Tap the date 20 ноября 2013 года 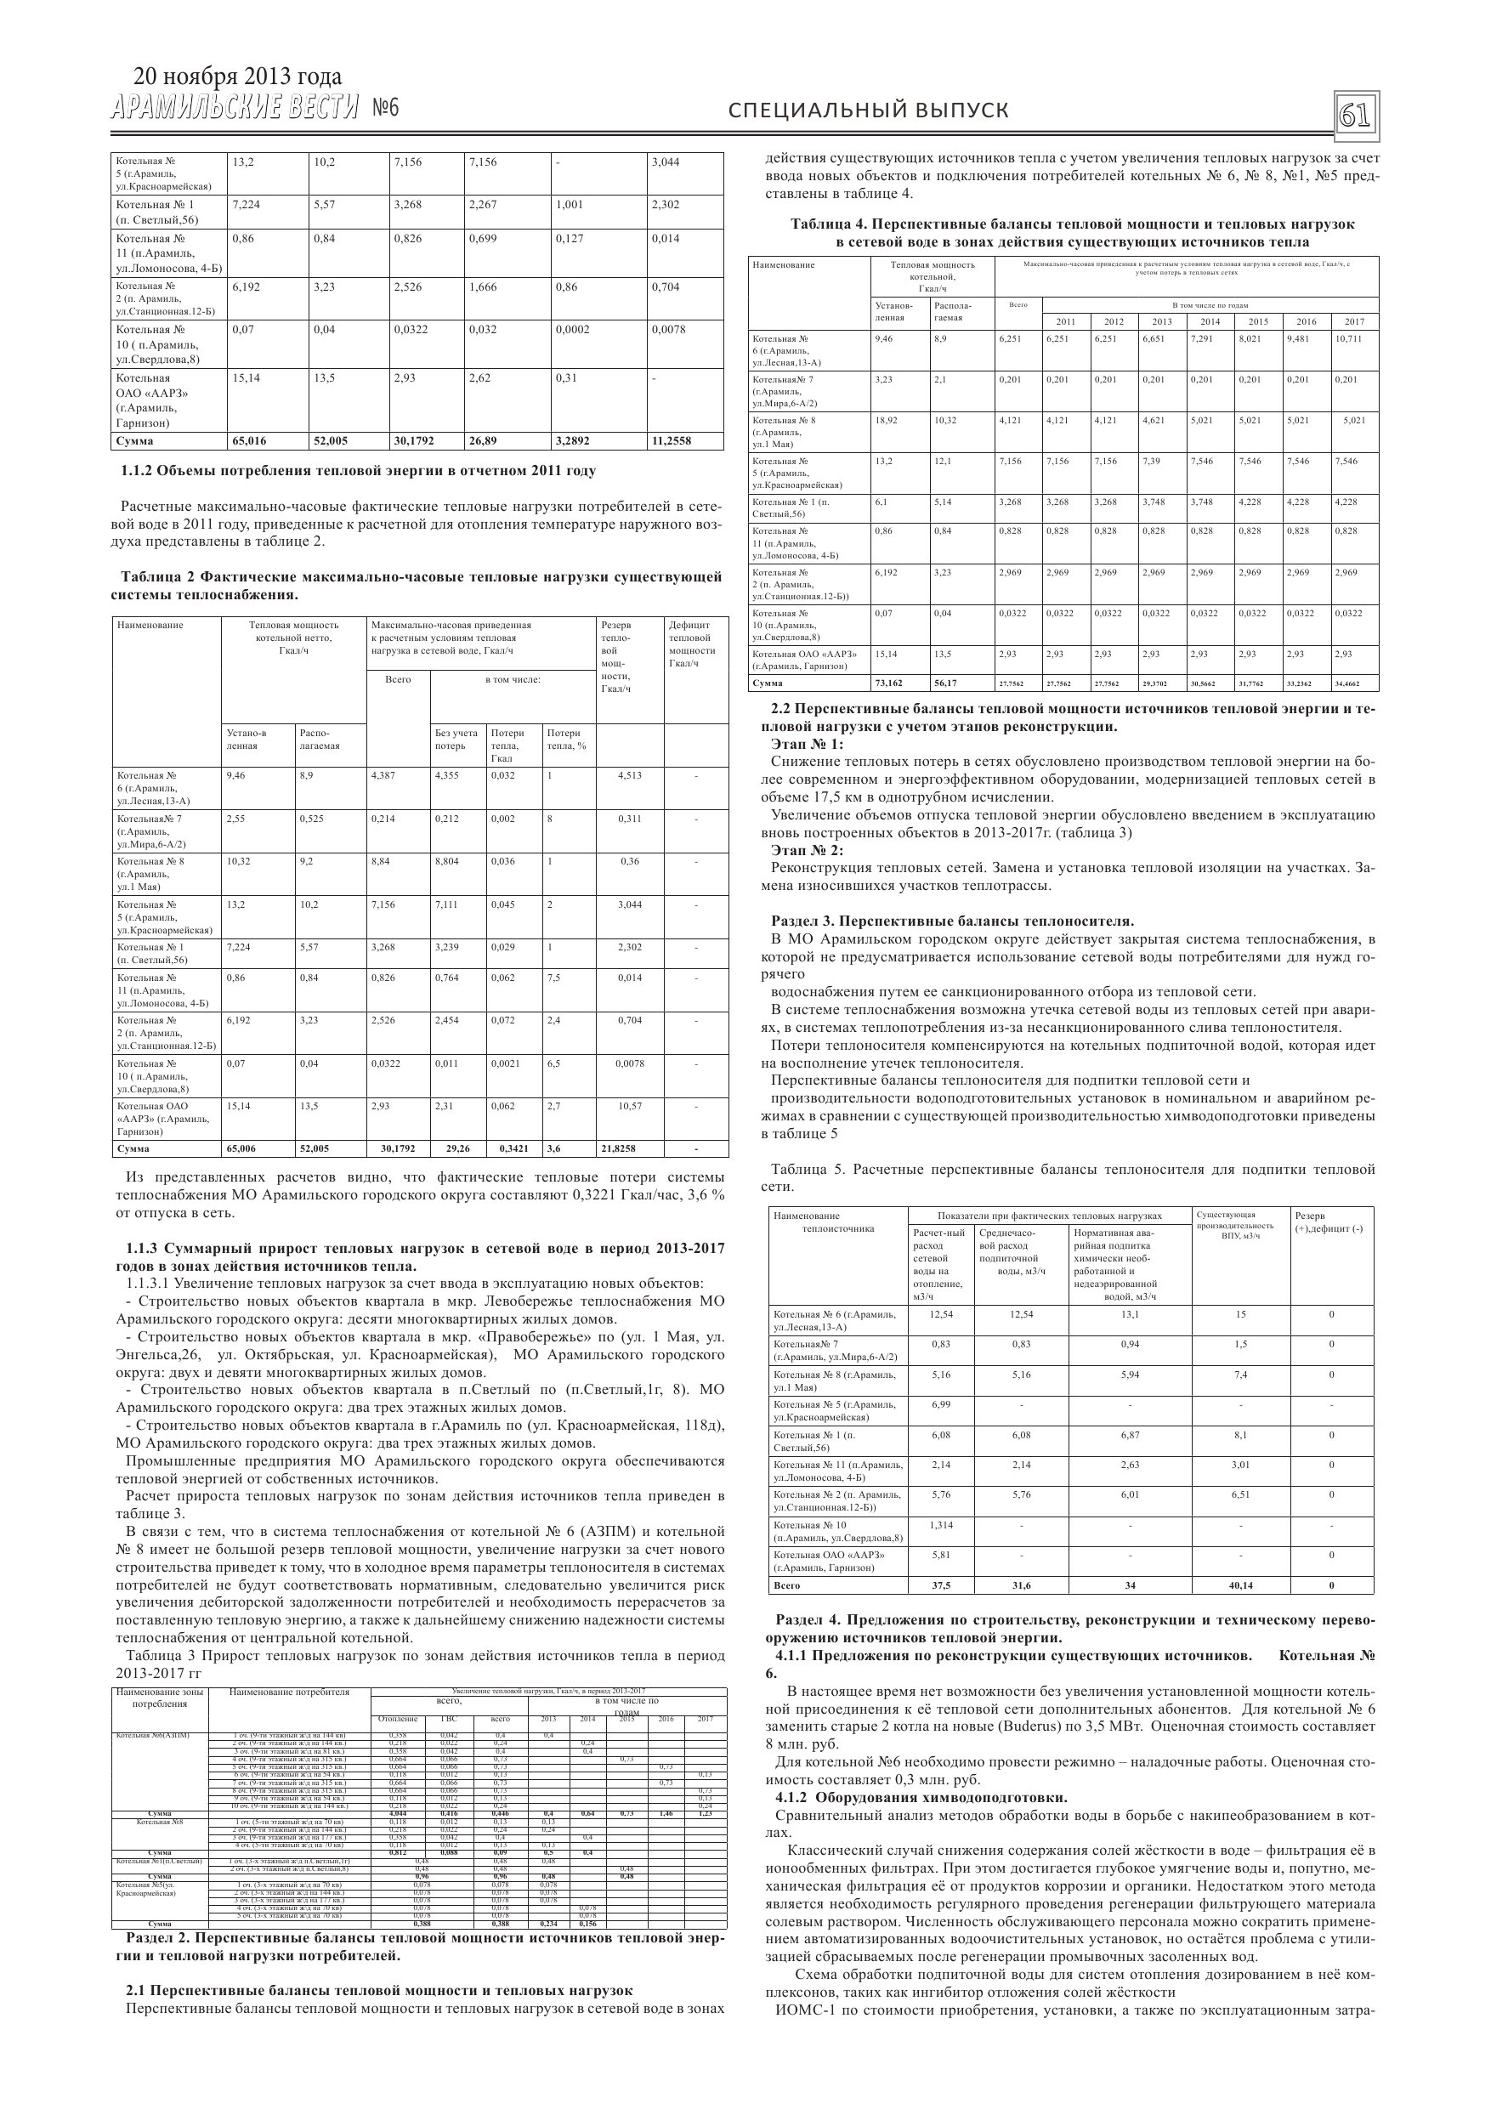click(x=237, y=77)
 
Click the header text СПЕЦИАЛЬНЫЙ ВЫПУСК click(x=868, y=111)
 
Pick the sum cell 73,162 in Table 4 click(x=889, y=683)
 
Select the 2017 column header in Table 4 click(x=1354, y=321)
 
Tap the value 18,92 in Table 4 click(x=886, y=421)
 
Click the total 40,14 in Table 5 click(x=1240, y=1585)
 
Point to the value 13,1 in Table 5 click(x=1129, y=1314)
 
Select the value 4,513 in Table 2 click(x=629, y=775)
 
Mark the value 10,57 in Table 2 click(x=629, y=1106)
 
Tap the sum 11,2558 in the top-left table click(x=672, y=441)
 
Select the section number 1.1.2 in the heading click(x=139, y=471)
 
